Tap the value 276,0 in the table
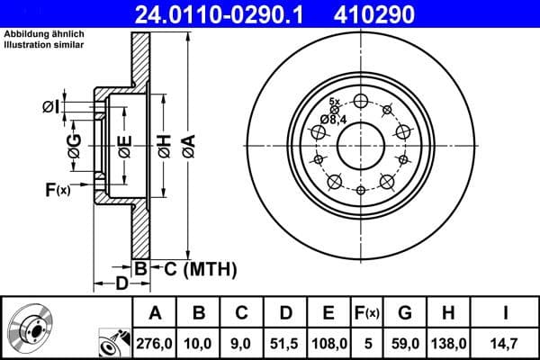click(x=155, y=342)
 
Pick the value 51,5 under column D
click(x=285, y=342)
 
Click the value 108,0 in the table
click(x=328, y=342)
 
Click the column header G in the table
click(x=404, y=313)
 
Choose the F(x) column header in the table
click(x=366, y=313)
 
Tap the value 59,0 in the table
click(x=404, y=342)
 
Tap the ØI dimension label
click(x=51, y=107)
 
